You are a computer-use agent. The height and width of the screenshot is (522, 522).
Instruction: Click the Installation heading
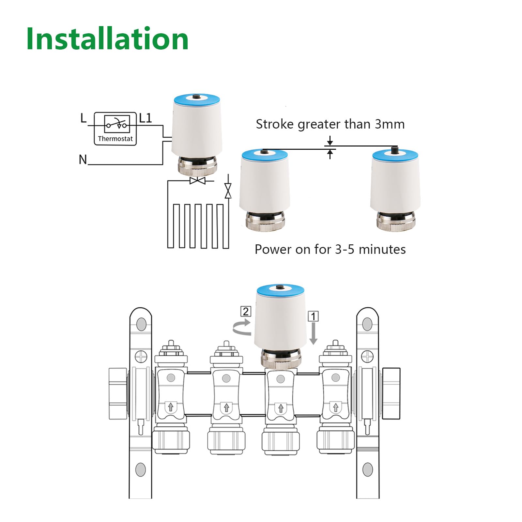tap(107, 39)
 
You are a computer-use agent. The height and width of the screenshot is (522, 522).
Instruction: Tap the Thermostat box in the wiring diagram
tap(115, 129)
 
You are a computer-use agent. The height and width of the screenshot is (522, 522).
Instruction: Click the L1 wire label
tap(146, 118)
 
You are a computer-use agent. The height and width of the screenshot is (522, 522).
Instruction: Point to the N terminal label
tap(83, 160)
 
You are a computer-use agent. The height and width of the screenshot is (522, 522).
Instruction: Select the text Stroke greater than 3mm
tap(330, 124)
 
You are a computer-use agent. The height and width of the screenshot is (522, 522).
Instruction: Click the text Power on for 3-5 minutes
tap(330, 250)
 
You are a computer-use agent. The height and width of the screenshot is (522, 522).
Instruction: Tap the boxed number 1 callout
tap(313, 316)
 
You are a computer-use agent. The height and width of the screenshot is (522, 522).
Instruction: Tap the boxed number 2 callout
tap(246, 311)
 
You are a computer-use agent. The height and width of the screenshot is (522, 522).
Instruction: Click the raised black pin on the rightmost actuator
tap(395, 150)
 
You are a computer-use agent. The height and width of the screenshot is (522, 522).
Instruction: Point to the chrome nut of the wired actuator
tap(197, 166)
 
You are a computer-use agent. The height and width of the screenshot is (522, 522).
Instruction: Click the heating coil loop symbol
tap(198, 225)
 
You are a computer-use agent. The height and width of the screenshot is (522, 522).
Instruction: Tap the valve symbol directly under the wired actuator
tap(198, 180)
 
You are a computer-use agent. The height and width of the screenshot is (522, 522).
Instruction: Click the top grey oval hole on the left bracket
tap(141, 324)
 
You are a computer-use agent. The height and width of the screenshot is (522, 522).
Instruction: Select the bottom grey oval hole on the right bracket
tap(368, 469)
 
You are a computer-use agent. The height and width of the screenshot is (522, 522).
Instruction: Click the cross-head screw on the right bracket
tap(368, 357)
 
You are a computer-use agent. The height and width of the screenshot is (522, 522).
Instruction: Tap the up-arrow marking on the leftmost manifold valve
tap(171, 407)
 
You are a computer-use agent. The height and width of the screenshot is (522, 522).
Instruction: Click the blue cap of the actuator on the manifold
tap(281, 290)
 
